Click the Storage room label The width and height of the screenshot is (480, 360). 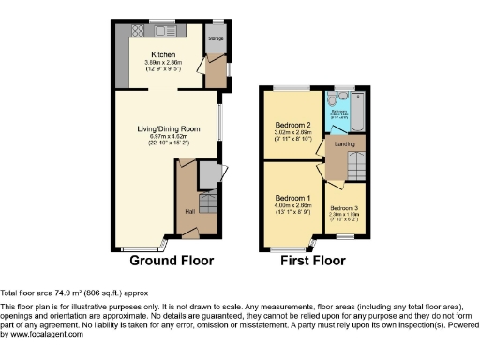(216, 40)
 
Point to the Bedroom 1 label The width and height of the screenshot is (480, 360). (292, 198)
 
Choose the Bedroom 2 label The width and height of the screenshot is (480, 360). (292, 125)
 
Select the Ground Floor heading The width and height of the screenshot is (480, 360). (171, 261)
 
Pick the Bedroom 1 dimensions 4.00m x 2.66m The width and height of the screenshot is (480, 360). (292, 206)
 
